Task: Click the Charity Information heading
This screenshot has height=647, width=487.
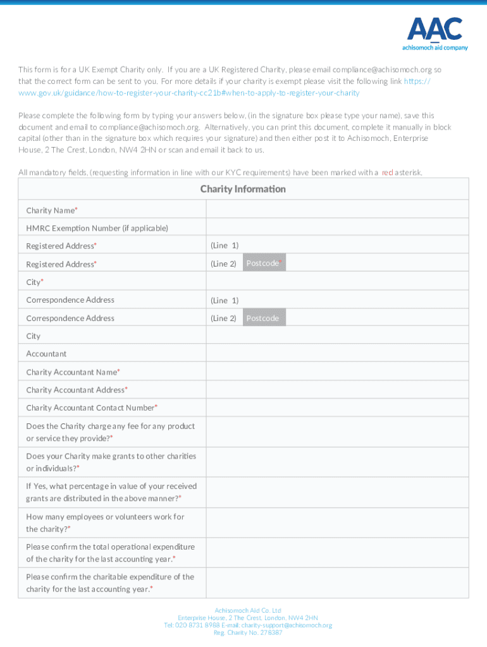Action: click(243, 189)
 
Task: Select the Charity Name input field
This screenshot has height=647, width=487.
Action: click(336, 210)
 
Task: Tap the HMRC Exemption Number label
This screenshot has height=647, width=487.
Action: click(97, 227)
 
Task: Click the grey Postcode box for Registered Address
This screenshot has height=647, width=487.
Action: click(264, 263)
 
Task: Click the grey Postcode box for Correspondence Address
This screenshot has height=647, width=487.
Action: click(264, 318)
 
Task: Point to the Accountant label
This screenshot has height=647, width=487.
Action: click(46, 354)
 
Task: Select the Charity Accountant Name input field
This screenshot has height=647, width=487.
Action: click(336, 372)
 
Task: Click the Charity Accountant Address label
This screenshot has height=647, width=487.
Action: click(76, 390)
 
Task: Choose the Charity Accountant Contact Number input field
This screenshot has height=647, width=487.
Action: click(336, 408)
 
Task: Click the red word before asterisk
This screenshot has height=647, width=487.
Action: click(387, 172)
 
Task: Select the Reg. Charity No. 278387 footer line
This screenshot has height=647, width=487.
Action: click(248, 632)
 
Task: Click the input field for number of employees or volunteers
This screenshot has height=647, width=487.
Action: click(336, 523)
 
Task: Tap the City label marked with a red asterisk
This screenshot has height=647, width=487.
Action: click(34, 282)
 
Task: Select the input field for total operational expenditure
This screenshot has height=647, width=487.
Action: click(336, 553)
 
